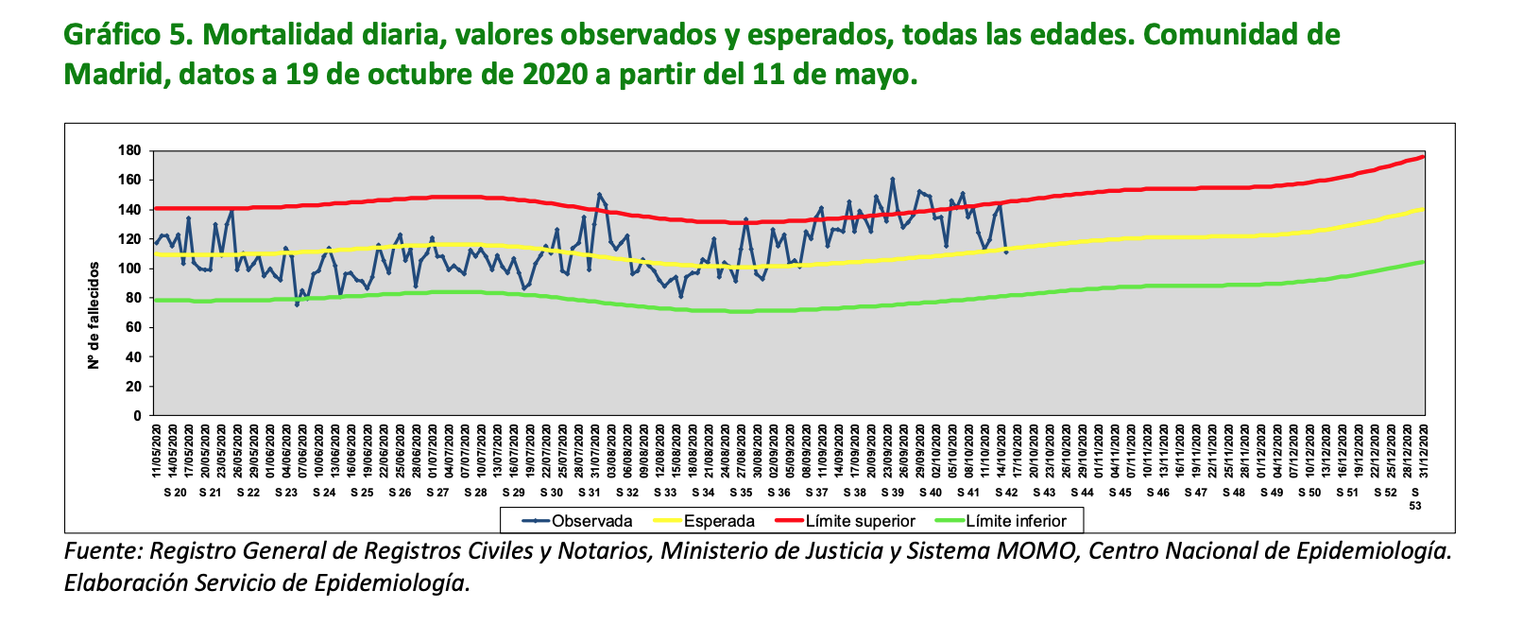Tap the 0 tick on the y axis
pos(137,415)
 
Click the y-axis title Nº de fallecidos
pos(94,316)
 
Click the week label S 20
pos(174,493)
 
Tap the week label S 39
pos(892,493)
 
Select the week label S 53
pos(1414,498)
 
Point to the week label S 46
pos(1157,493)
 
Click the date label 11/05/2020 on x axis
pos(157,451)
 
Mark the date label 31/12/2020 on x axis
pos(1424,451)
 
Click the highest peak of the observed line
pos(893,179)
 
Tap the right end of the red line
pos(1423,156)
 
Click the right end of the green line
pos(1423,262)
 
